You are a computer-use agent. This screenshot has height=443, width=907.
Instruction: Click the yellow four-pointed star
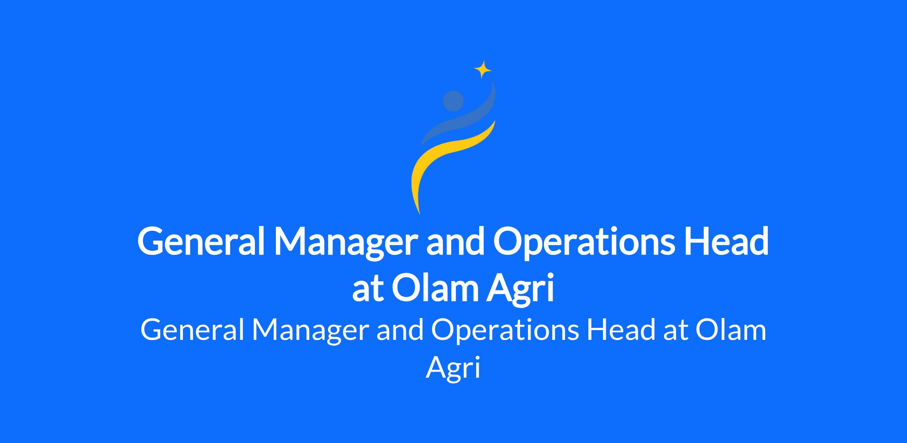click(483, 69)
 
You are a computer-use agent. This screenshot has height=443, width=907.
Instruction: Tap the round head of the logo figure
click(453, 101)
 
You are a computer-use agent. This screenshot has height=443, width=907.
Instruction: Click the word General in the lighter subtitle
click(192, 330)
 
